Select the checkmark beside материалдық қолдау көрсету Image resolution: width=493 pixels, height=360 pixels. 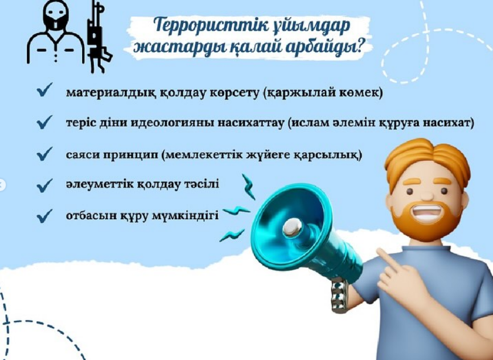tap(44, 91)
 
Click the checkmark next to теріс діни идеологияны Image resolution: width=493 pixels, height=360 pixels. tap(44, 122)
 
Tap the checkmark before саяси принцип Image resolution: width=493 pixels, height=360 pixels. tap(44, 154)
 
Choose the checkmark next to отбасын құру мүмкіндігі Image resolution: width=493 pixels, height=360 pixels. tap(44, 216)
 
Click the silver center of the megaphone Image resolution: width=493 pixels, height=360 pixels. tap(293, 227)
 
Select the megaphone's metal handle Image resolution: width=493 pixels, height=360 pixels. tap(339, 294)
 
